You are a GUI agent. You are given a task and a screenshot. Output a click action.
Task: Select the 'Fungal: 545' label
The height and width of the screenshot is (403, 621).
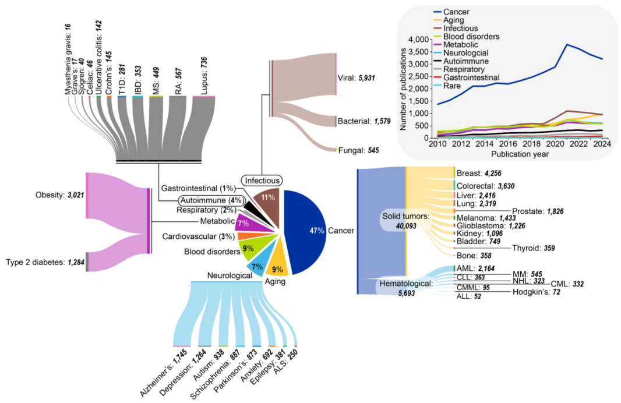[358, 150]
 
